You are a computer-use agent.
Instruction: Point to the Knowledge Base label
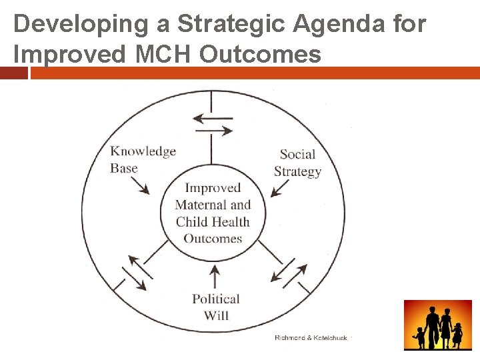pos(143,159)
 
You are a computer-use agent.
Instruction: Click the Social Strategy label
pos(297,163)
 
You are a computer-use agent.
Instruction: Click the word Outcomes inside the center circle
pos(213,239)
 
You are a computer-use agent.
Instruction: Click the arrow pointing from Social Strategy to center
pos(280,188)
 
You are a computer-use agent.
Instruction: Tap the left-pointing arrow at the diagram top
pos(212,118)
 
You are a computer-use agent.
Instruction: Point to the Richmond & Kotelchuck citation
pos(311,338)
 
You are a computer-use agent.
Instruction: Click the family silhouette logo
pos(437,325)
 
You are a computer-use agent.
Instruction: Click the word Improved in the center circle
pos(213,188)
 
